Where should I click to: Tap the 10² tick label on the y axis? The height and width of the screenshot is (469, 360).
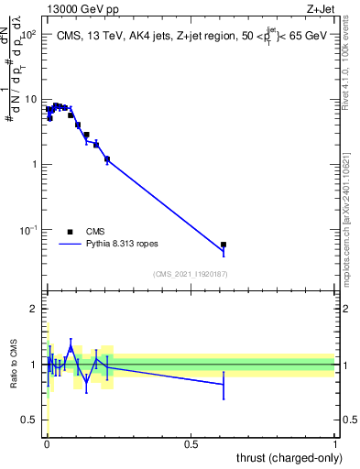coord(29,34)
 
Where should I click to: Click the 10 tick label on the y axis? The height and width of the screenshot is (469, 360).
coord(31,99)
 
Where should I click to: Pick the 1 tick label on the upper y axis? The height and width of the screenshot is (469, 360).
coord(35,165)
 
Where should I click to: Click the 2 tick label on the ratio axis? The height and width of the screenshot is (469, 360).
coord(35,309)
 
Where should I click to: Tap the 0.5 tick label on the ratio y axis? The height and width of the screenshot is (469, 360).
coord(31,420)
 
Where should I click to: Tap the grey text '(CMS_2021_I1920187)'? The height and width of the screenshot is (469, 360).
coord(191,274)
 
